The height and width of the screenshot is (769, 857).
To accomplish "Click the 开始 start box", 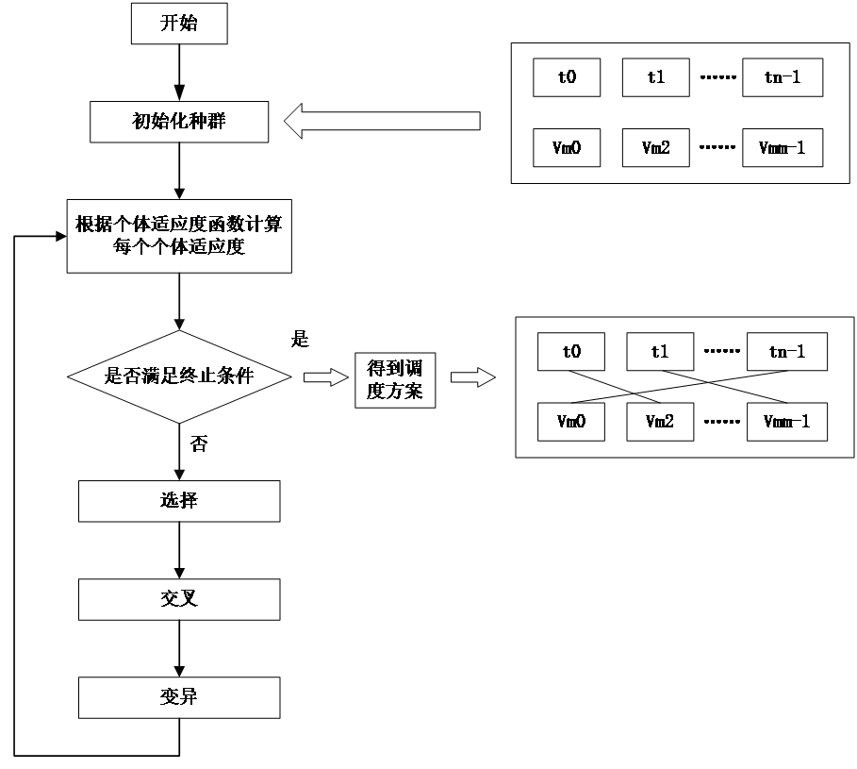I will [x=179, y=24].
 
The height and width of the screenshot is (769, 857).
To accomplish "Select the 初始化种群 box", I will [x=179, y=123].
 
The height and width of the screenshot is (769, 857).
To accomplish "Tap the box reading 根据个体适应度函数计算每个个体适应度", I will [x=179, y=236].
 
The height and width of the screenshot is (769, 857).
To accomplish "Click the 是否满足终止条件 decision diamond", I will [x=179, y=376].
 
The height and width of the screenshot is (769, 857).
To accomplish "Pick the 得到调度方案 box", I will [x=395, y=380].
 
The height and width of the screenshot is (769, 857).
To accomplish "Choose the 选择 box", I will [x=179, y=501].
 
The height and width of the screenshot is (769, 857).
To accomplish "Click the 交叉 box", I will [x=179, y=599].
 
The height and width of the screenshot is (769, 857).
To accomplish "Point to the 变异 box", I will [x=179, y=698].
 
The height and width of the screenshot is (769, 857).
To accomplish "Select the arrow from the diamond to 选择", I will [x=179, y=453].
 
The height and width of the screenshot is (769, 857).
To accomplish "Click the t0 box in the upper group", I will [x=567, y=77].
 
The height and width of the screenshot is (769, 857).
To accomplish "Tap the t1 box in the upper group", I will [x=656, y=77].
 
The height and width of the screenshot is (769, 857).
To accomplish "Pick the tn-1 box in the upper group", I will [x=783, y=77].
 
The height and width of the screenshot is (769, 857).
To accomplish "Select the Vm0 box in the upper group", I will [x=567, y=148].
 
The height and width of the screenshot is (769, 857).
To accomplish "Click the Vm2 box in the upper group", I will [x=656, y=148].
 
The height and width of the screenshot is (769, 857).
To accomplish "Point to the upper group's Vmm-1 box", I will [x=783, y=148].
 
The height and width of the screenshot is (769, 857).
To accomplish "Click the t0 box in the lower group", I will [x=571, y=352].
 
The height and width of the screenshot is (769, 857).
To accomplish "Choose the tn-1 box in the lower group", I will [x=787, y=352].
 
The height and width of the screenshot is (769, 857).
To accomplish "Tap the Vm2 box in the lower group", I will [x=660, y=422].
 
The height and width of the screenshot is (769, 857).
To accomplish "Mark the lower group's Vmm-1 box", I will [x=787, y=422].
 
